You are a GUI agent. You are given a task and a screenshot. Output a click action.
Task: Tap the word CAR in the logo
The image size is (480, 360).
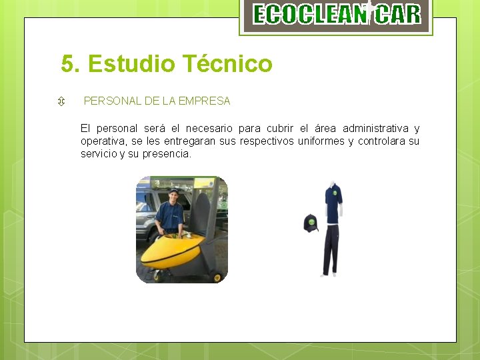397,14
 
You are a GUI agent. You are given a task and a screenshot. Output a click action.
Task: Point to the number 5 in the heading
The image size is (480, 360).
67,64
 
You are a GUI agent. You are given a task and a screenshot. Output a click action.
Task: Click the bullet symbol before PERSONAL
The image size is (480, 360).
61,102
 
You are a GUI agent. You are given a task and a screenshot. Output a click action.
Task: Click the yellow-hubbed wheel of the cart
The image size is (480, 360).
217,277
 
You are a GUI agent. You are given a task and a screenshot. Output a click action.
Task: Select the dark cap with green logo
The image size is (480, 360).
311,223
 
